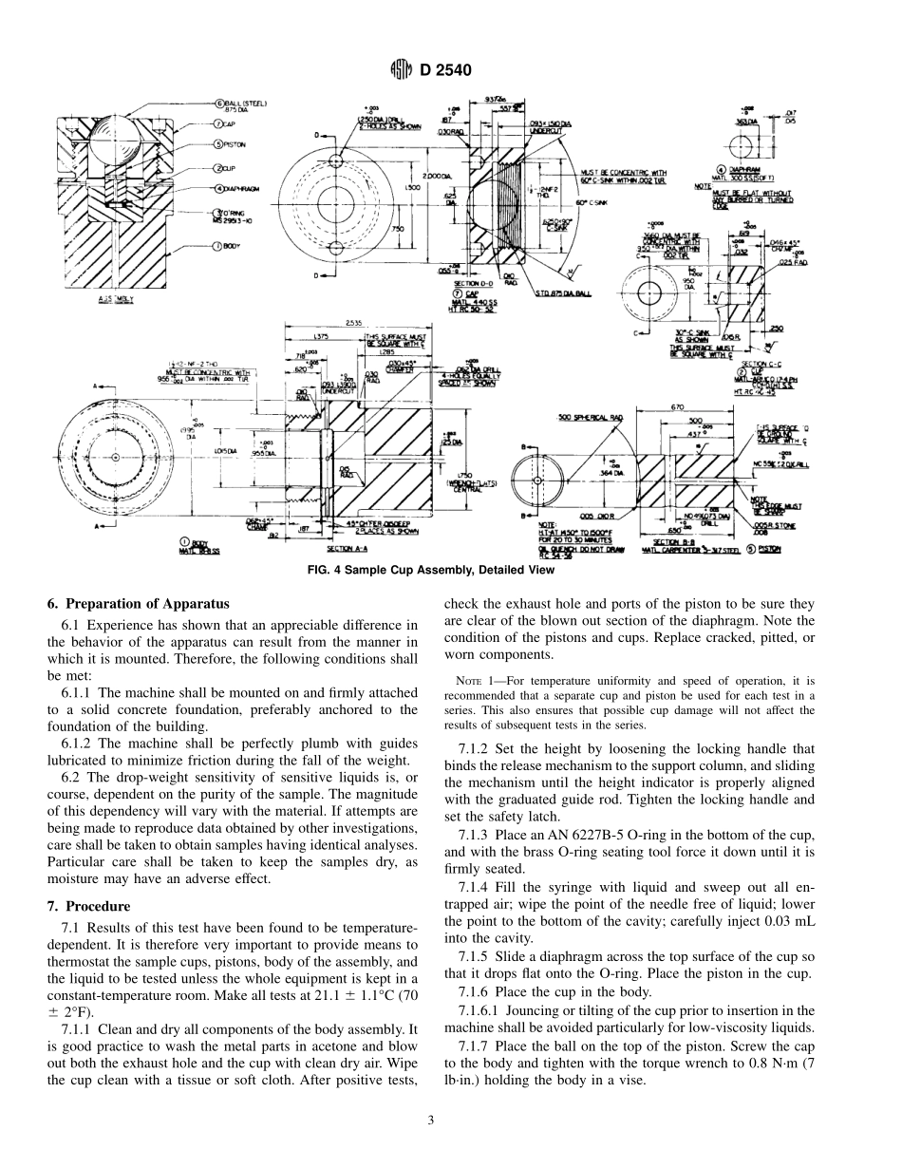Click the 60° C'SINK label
point(586,201)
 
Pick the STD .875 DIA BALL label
point(563,292)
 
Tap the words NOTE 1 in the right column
point(472,680)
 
